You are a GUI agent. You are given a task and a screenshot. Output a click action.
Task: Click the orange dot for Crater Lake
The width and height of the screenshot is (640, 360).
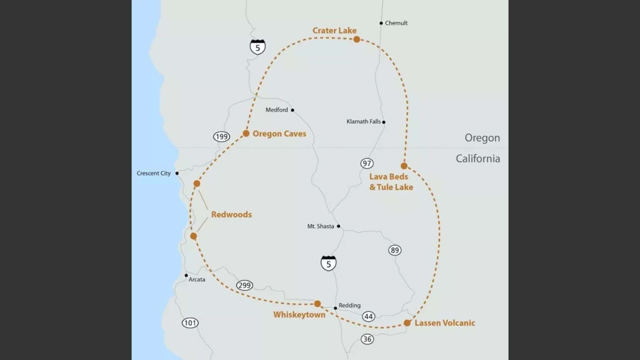[x=357, y=39]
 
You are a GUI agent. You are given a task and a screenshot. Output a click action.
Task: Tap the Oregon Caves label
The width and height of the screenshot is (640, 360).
[x=279, y=134]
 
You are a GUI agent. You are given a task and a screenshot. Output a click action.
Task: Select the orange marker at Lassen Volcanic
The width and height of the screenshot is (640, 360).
[x=407, y=323]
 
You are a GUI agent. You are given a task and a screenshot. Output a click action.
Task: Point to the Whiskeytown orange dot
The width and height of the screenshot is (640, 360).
[x=317, y=304]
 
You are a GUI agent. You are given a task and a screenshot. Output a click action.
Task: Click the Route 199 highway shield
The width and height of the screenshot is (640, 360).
[x=221, y=137]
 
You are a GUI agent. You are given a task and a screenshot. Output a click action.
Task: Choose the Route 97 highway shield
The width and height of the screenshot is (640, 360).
[x=367, y=164]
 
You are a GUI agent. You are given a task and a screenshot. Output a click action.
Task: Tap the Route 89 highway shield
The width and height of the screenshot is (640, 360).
[x=395, y=250]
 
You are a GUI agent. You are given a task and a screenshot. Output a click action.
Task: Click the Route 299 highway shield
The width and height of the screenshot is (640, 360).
[x=244, y=285]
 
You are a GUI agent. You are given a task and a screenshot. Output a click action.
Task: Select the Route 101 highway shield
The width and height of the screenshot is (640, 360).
[x=190, y=323]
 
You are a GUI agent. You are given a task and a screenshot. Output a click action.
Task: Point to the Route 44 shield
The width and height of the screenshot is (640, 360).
[x=369, y=317]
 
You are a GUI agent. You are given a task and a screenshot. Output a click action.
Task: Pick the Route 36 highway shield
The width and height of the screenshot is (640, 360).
[x=367, y=339]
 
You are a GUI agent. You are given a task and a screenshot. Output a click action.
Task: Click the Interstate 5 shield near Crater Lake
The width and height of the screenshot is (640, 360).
[x=258, y=47]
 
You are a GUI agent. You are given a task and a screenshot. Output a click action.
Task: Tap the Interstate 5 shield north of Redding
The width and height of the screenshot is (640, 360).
[x=328, y=263]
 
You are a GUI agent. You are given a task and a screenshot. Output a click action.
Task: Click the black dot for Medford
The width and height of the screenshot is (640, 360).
[x=292, y=110]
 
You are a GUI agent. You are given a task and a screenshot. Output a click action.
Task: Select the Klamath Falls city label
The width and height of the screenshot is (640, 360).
[x=364, y=122]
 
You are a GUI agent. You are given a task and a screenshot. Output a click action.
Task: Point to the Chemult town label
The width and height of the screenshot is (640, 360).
[x=396, y=23]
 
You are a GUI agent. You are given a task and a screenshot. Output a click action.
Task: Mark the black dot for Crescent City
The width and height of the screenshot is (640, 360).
[x=177, y=173]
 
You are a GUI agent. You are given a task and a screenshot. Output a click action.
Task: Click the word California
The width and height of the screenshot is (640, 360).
[x=478, y=159]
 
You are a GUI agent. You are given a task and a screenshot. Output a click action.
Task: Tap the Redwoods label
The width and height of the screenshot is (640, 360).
[x=231, y=214]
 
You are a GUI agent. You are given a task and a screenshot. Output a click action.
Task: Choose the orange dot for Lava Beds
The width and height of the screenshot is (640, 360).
[x=404, y=166]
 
